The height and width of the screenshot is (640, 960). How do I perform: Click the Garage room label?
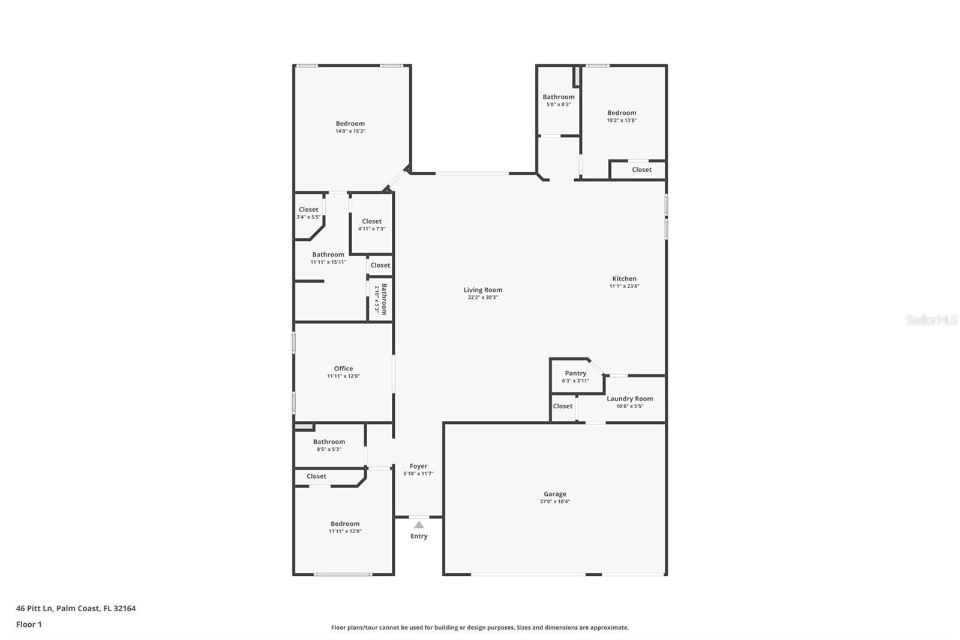(x=554, y=494)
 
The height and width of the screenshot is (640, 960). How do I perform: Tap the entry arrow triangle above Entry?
(x=419, y=525)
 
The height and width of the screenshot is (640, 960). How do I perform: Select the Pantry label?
(x=575, y=373)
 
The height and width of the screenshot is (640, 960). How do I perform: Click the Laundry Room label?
(x=629, y=399)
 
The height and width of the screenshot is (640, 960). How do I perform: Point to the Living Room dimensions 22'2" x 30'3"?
(x=483, y=297)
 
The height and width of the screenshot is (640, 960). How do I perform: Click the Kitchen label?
(x=624, y=279)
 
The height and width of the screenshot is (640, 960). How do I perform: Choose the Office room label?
(x=343, y=369)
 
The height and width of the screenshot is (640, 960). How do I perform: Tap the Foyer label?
(x=418, y=466)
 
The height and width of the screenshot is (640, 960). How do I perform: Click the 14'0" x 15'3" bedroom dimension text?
(x=350, y=131)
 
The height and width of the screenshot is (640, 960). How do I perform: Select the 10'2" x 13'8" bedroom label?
(x=621, y=113)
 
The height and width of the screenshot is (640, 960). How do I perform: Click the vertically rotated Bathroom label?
(x=383, y=299)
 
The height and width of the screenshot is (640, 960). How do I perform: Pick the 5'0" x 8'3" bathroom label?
(x=558, y=97)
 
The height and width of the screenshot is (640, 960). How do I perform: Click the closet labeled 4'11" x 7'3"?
(x=371, y=222)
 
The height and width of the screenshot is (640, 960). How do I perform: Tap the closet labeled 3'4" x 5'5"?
(x=308, y=210)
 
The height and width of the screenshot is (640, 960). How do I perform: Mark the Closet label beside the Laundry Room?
(x=562, y=406)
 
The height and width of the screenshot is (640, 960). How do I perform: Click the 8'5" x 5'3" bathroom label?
(x=329, y=442)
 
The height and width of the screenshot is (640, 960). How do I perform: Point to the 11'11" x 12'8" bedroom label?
(x=344, y=524)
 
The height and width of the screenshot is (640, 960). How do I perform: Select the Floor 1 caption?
(x=29, y=624)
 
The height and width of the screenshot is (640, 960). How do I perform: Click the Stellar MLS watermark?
(x=931, y=320)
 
